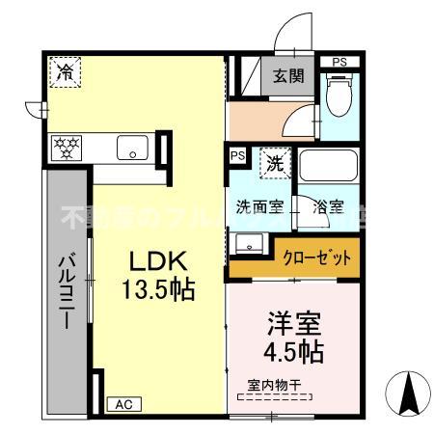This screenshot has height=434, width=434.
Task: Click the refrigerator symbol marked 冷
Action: point(67,71)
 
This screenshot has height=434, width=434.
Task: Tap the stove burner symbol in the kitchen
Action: point(68,149)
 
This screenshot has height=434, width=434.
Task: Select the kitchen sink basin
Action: point(132,149)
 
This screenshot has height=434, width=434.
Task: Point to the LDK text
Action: point(152,261)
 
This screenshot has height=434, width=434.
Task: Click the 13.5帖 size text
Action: point(157,288)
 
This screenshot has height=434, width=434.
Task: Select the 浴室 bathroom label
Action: point(327,206)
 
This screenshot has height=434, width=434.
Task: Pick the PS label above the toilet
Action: point(339,63)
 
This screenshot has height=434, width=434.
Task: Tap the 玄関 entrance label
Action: point(285,77)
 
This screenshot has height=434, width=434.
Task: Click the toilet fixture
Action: point(339,99)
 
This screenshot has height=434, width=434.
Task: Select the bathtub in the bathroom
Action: point(328,166)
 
